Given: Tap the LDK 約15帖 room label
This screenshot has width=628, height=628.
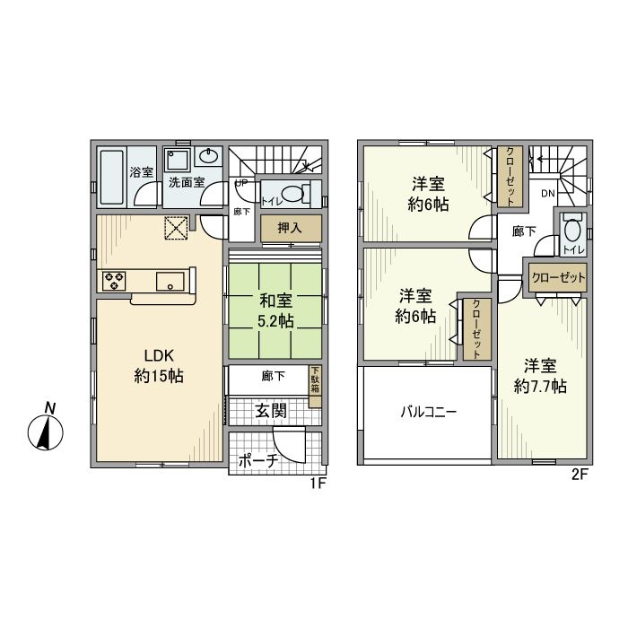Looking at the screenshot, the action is pos(159,365).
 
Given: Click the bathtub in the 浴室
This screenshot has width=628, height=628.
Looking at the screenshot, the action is pos(111,177).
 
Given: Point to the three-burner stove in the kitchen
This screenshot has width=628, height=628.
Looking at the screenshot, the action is pos(114,280).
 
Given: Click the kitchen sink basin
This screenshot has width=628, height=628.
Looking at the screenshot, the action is pos(170,281).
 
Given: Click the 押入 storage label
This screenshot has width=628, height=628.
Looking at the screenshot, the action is pos(290,228).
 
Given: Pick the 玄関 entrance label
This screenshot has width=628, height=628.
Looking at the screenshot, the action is pos(271,410).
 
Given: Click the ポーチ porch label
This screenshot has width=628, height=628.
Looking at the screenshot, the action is pos(258,461).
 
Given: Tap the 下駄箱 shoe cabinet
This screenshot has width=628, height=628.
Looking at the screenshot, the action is pos(315,386).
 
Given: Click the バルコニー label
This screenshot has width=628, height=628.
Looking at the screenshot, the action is pos(429,412).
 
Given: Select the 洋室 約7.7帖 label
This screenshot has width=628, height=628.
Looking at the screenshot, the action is pos(540,376).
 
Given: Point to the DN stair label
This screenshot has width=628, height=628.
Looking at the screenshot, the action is pos(548,194).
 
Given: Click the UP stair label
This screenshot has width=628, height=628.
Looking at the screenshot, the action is pos(241,183).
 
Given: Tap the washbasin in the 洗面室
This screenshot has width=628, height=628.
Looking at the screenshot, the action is pos(208,156).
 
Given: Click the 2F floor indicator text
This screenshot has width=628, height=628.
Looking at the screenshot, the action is pos(579,475).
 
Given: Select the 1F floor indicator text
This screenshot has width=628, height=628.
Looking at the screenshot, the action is pos(318,484).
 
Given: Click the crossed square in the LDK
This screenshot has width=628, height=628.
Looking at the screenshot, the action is pos(176,228).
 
